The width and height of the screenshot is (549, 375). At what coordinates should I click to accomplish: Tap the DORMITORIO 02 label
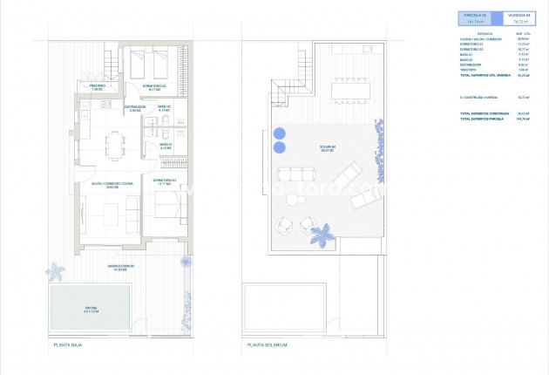tap(158, 86)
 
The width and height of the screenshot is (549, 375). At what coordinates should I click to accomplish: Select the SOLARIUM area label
tap(328, 148)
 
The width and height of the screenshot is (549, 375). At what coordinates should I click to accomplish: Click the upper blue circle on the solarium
tap(279, 133)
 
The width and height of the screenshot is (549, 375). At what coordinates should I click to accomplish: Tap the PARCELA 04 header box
tap(474, 17)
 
